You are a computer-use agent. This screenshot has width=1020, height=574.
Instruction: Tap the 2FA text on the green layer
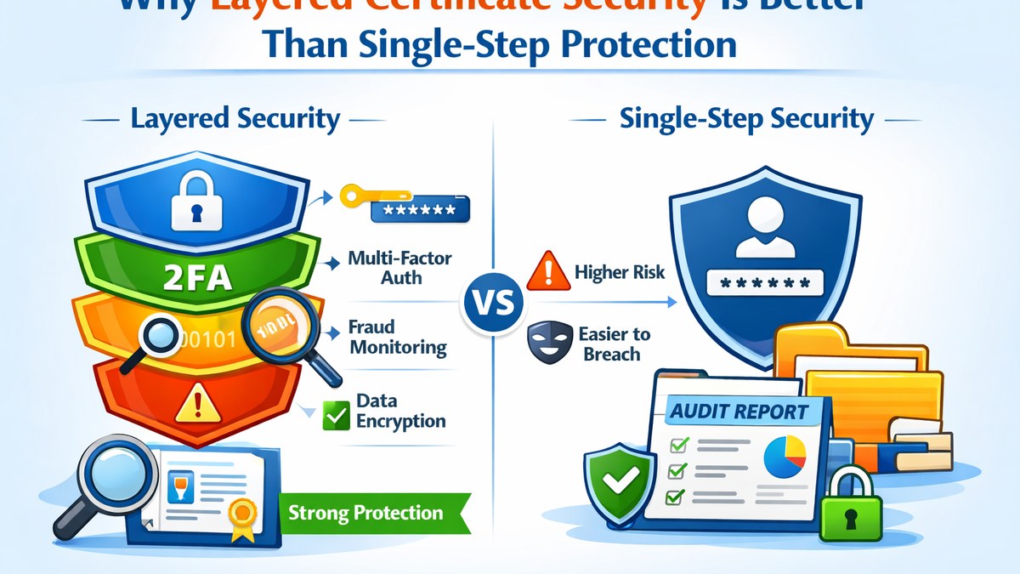(198, 276)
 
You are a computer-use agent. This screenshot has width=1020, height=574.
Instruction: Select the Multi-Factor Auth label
(400, 267)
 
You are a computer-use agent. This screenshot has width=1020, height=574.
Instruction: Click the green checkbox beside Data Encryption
(337, 416)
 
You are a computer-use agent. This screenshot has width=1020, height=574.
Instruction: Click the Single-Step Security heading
(746, 119)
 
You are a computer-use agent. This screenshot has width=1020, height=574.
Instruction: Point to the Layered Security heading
(235, 119)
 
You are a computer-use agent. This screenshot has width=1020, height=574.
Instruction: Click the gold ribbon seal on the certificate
(245, 513)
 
